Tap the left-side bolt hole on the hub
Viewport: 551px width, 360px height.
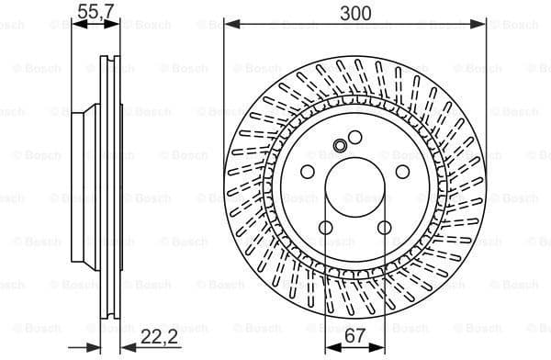[307, 173]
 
